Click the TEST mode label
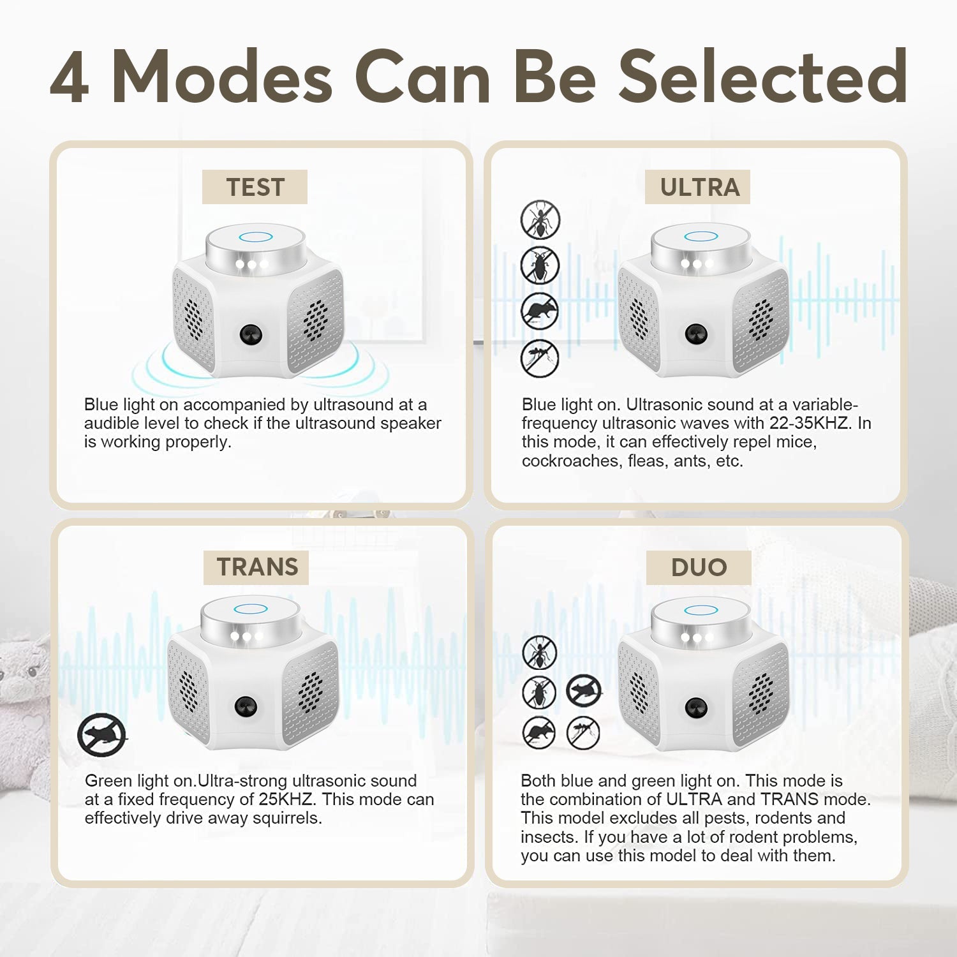[x=255, y=188]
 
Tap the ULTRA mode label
[x=699, y=188]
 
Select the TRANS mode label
[x=257, y=567]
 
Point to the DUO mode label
[x=699, y=567]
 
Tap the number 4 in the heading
[x=69, y=77]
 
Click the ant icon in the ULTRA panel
[x=540, y=219]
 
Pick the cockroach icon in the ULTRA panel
[x=540, y=265]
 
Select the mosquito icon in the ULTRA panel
[x=540, y=359]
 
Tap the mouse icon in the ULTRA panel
[x=540, y=312]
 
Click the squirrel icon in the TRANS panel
[x=101, y=735]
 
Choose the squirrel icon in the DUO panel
[x=584, y=691]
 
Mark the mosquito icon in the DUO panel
[x=583, y=732]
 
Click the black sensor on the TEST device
[x=251, y=334]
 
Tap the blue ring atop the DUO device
[x=701, y=610]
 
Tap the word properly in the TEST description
[x=198, y=442]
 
